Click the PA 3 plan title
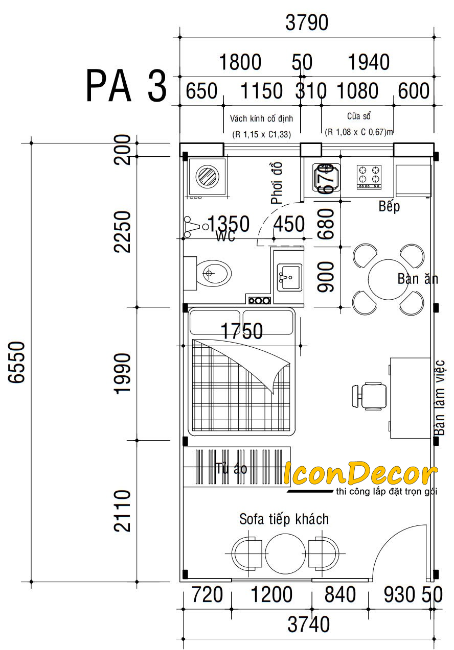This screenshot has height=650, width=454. (x=126, y=86)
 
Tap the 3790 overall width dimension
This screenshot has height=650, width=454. (x=308, y=23)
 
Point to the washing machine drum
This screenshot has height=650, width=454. (x=208, y=177)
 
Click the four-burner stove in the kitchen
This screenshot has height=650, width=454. (x=370, y=176)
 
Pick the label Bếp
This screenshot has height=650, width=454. (x=389, y=207)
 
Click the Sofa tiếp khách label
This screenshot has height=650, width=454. (x=284, y=519)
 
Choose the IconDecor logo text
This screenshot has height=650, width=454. (x=360, y=474)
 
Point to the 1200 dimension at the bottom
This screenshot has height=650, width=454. (x=271, y=595)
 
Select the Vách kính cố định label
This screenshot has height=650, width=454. (x=261, y=118)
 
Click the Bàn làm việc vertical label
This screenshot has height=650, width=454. (x=440, y=398)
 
